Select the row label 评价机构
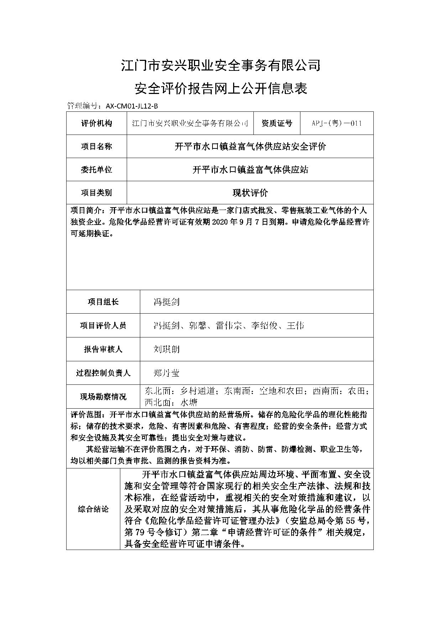96,123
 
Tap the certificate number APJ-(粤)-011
336,123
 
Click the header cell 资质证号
277,123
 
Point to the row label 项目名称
96,146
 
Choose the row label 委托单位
96,169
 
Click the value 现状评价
250,193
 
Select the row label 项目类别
96,193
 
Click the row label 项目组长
103,302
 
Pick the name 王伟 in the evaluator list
295,325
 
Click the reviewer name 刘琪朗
166,349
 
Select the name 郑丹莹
166,373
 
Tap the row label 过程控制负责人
103,373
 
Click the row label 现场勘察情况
103,397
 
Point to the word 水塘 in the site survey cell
189,403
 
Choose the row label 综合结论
93,509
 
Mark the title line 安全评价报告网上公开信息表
221,88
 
